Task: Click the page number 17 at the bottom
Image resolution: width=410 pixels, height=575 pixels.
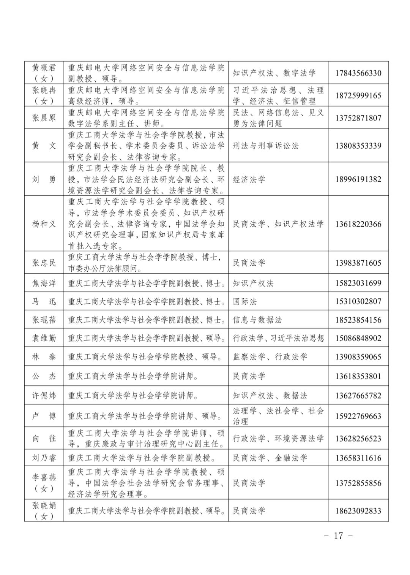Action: [338, 536]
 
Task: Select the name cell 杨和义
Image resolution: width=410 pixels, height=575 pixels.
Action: [44, 224]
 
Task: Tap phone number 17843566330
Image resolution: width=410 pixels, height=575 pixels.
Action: [358, 73]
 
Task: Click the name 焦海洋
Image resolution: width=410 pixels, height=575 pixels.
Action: [44, 283]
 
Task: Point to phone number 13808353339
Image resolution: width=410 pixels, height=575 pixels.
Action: [358, 146]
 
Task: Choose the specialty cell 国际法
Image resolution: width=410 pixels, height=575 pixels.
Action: [245, 301]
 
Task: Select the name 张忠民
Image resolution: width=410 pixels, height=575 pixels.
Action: [44, 263]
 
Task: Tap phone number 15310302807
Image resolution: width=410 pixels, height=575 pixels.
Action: [358, 301]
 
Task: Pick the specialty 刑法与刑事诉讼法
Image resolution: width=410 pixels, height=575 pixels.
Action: [266, 146]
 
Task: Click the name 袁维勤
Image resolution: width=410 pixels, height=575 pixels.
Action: [44, 338]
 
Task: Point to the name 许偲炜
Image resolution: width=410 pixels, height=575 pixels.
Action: [44, 396]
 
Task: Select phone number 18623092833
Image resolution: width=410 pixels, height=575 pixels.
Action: [358, 511]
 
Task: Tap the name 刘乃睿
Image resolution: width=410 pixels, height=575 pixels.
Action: [44, 458]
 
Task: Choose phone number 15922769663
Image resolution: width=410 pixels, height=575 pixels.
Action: [358, 416]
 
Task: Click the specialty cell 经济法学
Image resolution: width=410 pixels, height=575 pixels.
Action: [249, 179]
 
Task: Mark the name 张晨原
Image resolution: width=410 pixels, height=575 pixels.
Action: [44, 118]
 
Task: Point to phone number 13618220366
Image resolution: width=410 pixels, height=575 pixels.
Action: [358, 224]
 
